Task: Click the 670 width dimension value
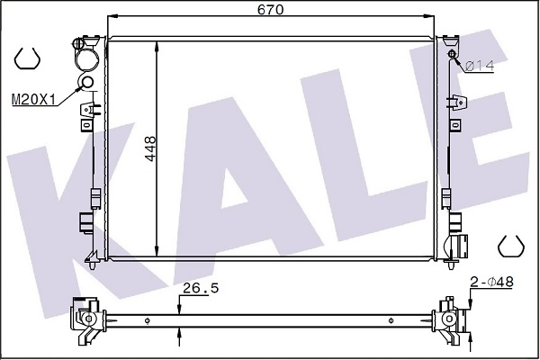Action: [x=270, y=9]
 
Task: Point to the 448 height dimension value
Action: [x=150, y=148]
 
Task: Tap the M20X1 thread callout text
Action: [x=33, y=100]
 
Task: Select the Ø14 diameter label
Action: [x=480, y=66]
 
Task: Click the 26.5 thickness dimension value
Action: [x=201, y=288]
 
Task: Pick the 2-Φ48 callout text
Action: [x=491, y=282]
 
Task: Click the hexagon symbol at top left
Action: [x=27, y=58]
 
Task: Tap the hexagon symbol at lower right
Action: [x=511, y=247]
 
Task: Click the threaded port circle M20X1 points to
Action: [x=86, y=82]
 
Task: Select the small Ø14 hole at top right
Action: [x=452, y=54]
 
